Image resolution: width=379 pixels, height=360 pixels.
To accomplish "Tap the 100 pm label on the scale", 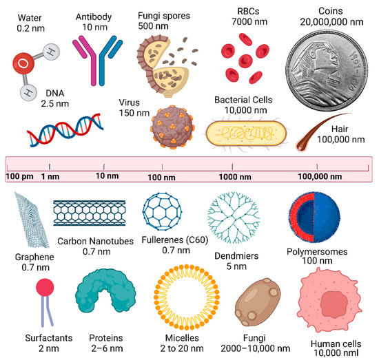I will coord(19,176).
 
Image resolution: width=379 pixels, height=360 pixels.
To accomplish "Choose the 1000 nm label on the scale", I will coord(234,176).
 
